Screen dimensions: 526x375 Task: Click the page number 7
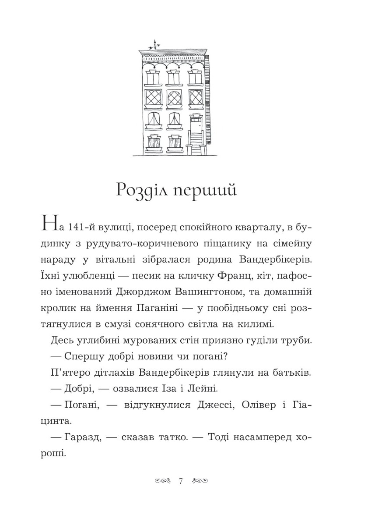click(x=181, y=481)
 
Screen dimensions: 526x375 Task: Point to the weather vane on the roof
click(x=154, y=43)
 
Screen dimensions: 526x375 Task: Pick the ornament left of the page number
click(x=164, y=481)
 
